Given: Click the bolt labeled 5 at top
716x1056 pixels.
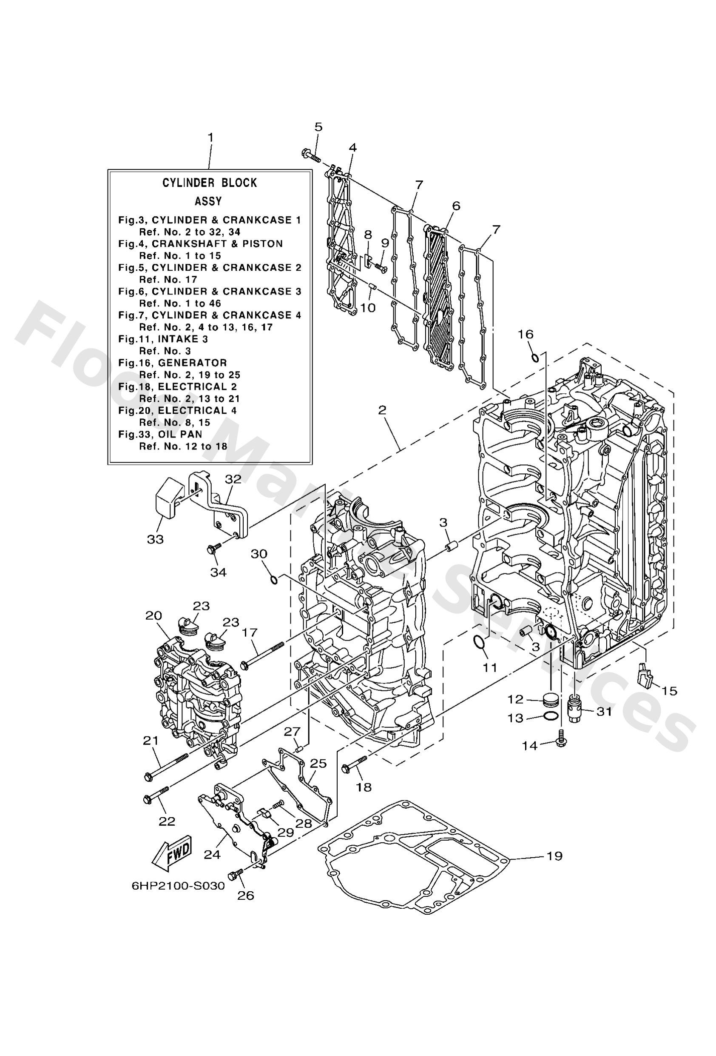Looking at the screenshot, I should (311, 156).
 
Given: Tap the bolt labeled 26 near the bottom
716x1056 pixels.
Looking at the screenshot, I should (237, 874).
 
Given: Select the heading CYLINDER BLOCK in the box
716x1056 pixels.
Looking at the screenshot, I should (210, 183).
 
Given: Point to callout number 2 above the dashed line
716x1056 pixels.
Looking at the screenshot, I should (382, 410).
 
